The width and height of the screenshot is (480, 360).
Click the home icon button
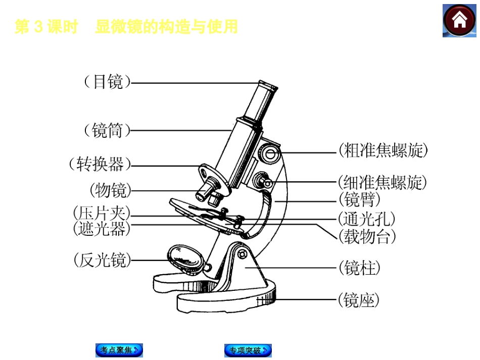click(x=459, y=21)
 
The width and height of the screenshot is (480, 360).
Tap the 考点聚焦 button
click(x=119, y=350)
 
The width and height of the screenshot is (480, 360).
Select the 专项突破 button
click(x=248, y=350)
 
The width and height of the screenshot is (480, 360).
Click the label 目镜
click(x=107, y=82)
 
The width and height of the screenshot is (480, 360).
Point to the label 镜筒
click(x=107, y=131)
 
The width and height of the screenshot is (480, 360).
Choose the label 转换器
click(x=100, y=164)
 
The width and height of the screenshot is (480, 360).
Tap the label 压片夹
click(x=102, y=213)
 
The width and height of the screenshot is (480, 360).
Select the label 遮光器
click(x=102, y=229)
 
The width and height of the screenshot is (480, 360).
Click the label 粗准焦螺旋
click(x=383, y=150)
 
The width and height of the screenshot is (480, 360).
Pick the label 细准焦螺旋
click(x=382, y=182)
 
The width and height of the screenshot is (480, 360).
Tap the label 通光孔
click(x=367, y=219)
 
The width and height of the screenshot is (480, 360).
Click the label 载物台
click(x=367, y=236)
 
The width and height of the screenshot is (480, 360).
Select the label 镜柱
click(x=359, y=268)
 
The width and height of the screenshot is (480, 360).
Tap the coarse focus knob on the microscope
click(x=270, y=153)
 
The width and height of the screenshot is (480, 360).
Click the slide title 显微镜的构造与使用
click(x=166, y=27)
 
